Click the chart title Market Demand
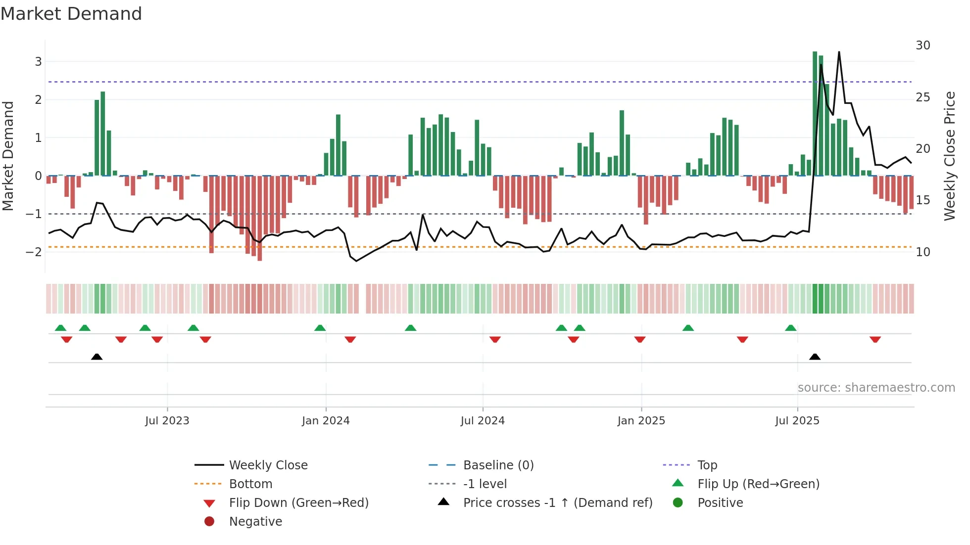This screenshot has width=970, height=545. pyautogui.click(x=71, y=14)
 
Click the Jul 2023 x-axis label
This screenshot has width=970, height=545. pyautogui.click(x=167, y=421)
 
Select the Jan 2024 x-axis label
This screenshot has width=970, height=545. pyautogui.click(x=326, y=421)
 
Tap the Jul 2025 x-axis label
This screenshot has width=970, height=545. pyautogui.click(x=797, y=421)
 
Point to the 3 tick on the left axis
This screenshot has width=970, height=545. pyautogui.click(x=38, y=62)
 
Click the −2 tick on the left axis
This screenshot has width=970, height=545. pyautogui.click(x=34, y=252)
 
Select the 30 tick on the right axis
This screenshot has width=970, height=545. pyautogui.click(x=922, y=45)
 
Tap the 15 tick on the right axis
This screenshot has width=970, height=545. pyautogui.click(x=922, y=200)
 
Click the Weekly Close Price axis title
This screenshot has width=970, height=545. pyautogui.click(x=949, y=156)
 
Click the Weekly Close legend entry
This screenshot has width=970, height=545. pyautogui.click(x=268, y=465)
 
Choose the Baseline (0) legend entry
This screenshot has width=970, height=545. pyautogui.click(x=498, y=465)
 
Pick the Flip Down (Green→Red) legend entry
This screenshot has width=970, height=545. pyautogui.click(x=298, y=503)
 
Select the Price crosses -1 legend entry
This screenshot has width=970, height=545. pyautogui.click(x=557, y=503)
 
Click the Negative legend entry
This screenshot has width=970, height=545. pyautogui.click(x=255, y=522)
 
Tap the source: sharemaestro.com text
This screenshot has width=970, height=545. pyautogui.click(x=876, y=388)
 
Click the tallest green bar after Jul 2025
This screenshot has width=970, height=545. pyautogui.click(x=815, y=114)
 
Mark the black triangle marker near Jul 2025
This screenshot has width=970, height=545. pyautogui.click(x=815, y=357)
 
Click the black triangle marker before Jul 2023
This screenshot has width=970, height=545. pyautogui.click(x=97, y=357)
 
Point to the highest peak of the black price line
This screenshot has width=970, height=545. pyautogui.click(x=839, y=52)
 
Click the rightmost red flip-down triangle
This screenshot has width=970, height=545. pyautogui.click(x=875, y=339)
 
